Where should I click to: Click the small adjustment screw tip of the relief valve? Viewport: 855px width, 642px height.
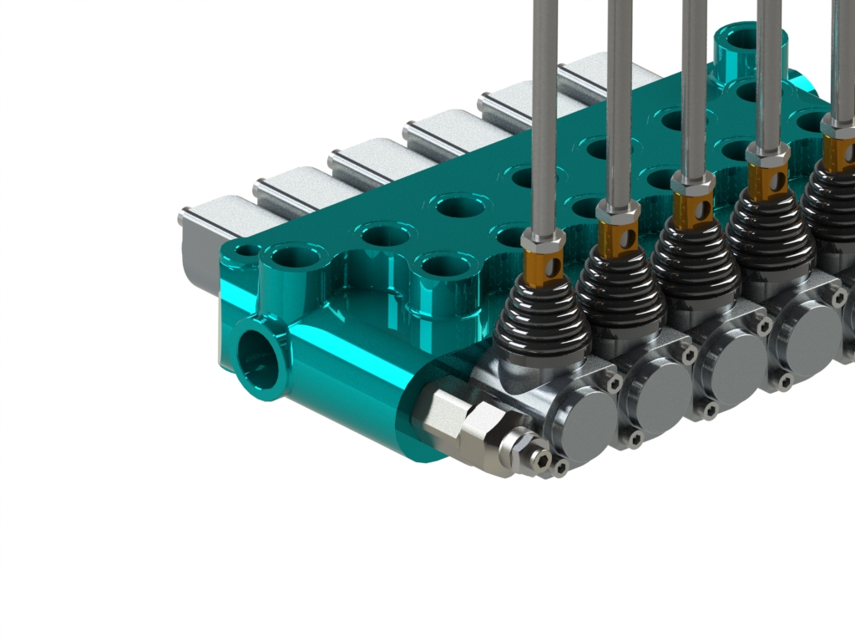(x=542, y=460)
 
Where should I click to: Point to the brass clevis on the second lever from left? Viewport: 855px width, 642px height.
(x=619, y=239)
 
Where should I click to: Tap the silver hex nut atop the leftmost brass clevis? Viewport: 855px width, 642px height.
(x=543, y=242)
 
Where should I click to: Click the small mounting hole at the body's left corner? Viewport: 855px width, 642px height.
(x=246, y=250)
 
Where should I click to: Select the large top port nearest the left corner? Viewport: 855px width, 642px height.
(x=292, y=257)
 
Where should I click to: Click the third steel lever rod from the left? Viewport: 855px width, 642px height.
(x=695, y=84)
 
